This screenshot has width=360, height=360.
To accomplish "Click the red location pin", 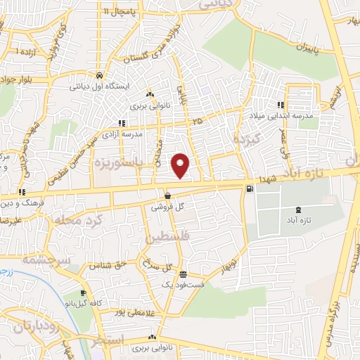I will [x=181, y=165].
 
